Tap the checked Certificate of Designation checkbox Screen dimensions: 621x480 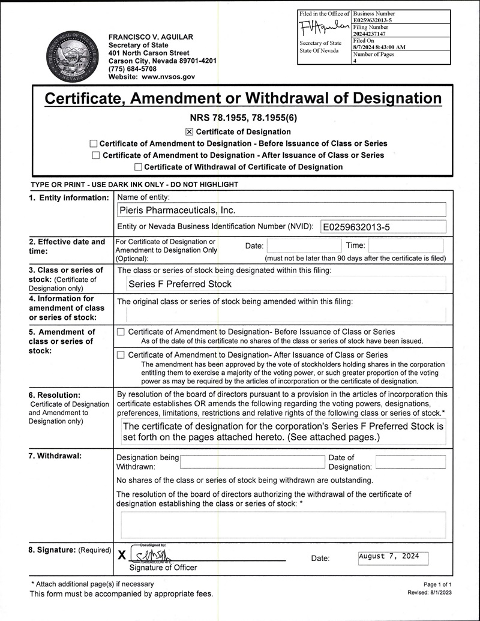pyautogui.click(x=190, y=132)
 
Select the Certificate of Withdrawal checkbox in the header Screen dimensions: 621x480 pyautogui.click(x=139, y=167)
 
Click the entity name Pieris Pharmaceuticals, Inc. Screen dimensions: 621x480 pyautogui.click(x=178, y=210)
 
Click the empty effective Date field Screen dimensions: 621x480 pyautogui.click(x=304, y=245)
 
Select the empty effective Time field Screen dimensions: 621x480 pyautogui.click(x=406, y=245)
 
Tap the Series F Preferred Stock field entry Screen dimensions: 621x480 pyautogui.click(x=180, y=284)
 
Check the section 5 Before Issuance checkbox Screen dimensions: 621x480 pyautogui.click(x=121, y=332)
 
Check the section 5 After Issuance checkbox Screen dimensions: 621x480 pyautogui.click(x=121, y=355)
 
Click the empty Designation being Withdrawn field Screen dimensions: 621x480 pyautogui.click(x=252, y=462)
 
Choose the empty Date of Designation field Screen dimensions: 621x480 pyautogui.click(x=410, y=462)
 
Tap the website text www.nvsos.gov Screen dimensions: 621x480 pyautogui.click(x=168, y=77)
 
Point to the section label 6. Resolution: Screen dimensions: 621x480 pyautogui.click(x=54, y=395)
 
